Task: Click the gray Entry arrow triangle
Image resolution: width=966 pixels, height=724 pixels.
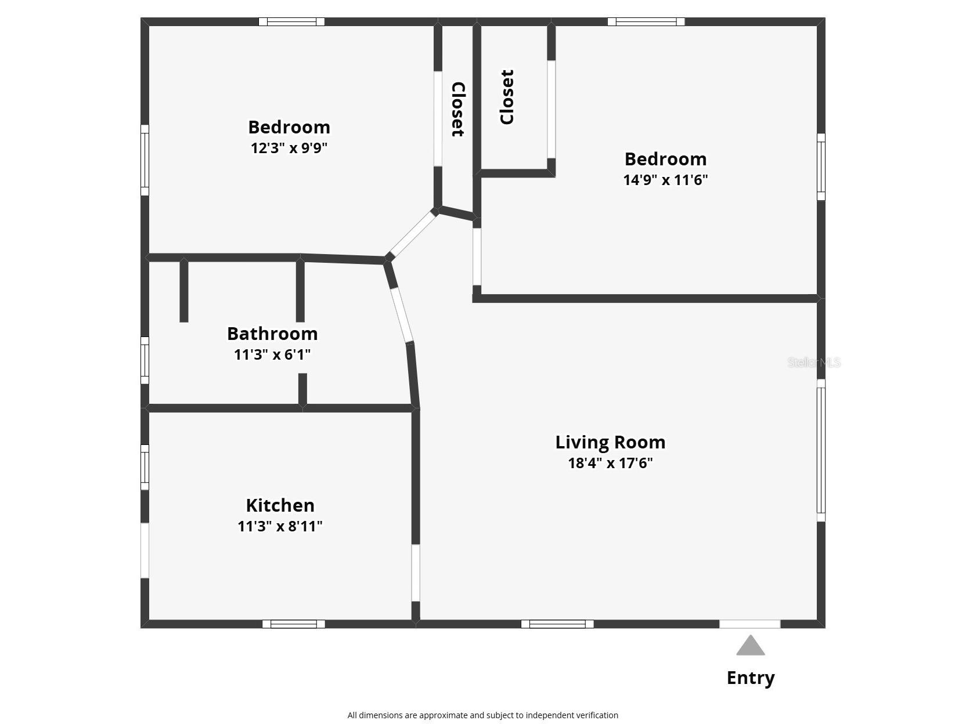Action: pos(750,646)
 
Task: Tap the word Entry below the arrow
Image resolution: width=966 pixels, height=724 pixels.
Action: pos(750,678)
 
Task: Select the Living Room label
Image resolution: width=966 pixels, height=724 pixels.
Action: pos(610,442)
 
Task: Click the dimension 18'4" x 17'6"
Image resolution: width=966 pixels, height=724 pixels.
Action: pos(610,463)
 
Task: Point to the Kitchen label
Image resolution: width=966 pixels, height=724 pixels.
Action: pos(280,505)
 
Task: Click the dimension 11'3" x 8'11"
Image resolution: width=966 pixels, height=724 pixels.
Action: pos(280,526)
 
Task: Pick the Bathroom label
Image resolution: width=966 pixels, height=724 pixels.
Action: pos(272,334)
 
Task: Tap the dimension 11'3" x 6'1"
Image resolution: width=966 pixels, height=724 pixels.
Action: pos(272,354)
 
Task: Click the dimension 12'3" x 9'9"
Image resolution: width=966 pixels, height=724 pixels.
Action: pos(289,148)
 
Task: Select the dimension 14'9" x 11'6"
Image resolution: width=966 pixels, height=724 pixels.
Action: pos(665,180)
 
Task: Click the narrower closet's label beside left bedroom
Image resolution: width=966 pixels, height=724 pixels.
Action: pos(457,110)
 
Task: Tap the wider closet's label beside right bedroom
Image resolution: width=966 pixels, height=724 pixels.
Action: pos(507,97)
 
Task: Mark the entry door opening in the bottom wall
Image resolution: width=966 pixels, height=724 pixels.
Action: pos(749,624)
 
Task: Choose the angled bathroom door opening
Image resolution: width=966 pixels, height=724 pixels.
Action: pos(402,314)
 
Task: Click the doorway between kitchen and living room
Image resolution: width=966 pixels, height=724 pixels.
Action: pos(416,572)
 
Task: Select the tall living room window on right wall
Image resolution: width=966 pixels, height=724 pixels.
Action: pos(821,450)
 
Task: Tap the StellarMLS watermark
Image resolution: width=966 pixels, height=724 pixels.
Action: pos(813,363)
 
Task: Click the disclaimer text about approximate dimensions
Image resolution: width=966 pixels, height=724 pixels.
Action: pos(482,715)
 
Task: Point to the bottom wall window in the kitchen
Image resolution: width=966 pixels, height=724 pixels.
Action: pos(294,624)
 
